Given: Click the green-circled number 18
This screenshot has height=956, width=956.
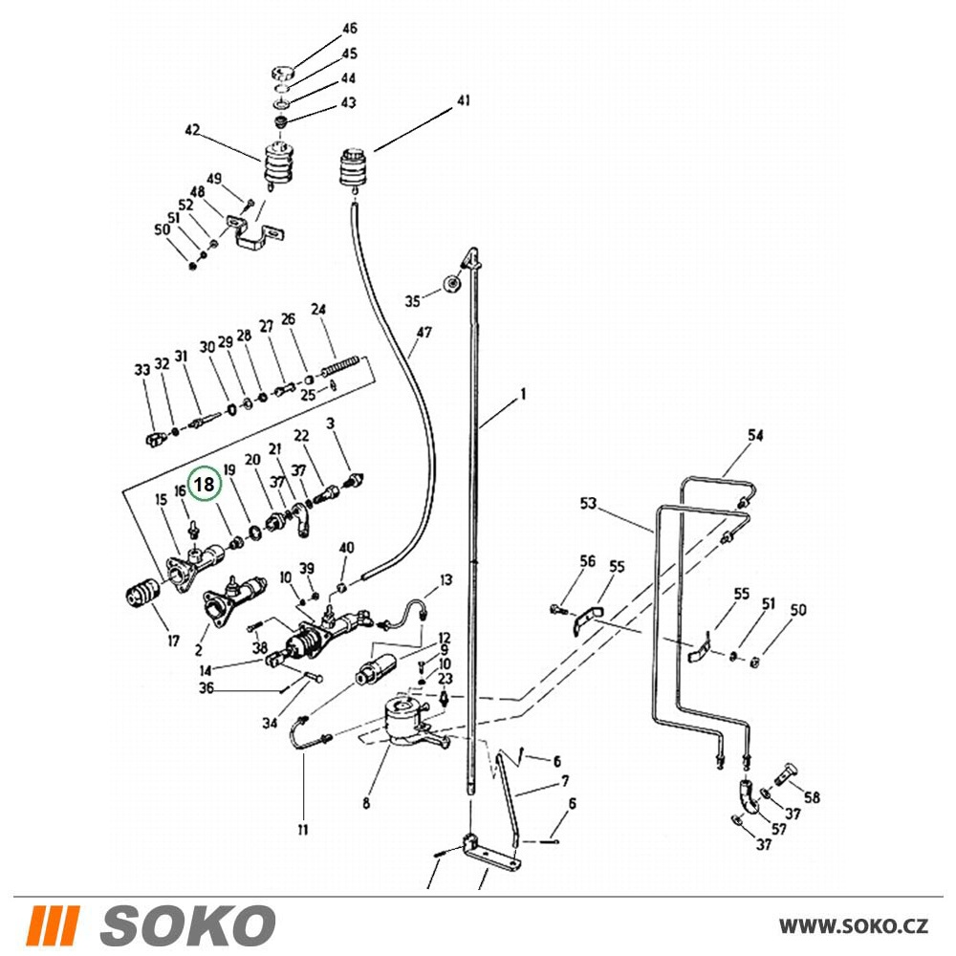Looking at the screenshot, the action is [x=204, y=484].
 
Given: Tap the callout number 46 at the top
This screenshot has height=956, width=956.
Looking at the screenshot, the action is [x=349, y=29].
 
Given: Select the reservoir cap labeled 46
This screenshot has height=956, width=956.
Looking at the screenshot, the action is [x=282, y=73].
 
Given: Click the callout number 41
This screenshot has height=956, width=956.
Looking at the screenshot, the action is [x=464, y=100].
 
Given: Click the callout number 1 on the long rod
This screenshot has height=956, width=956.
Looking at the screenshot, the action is [x=523, y=395].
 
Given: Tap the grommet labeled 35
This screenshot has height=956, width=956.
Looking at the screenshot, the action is [x=452, y=285].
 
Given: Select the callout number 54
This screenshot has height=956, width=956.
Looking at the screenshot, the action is [x=755, y=435].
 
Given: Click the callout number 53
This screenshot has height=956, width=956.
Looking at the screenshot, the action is [x=588, y=504].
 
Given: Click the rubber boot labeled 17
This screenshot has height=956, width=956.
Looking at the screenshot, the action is [x=141, y=593].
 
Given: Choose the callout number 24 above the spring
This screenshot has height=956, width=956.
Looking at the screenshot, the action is [x=318, y=309].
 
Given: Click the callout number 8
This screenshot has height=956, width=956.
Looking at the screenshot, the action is [x=366, y=803].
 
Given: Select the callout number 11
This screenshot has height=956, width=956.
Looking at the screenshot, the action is [x=303, y=829].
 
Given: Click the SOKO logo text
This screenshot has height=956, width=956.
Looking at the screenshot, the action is [x=186, y=925].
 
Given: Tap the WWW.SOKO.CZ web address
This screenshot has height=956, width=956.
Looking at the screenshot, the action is [x=853, y=926].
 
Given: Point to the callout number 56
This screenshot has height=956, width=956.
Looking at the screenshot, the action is [x=587, y=561].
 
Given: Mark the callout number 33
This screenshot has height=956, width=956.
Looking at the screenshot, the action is [x=142, y=369].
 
